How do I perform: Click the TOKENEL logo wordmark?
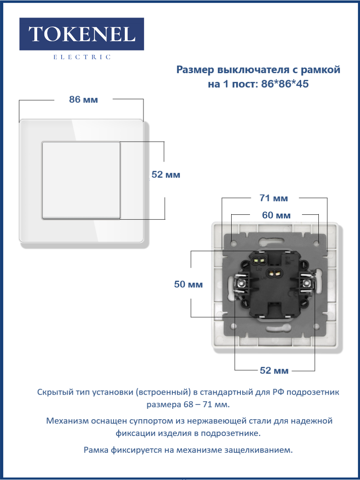coord(82,34)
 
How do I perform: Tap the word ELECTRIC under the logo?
coord(82,57)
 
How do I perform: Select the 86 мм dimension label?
coord(83,100)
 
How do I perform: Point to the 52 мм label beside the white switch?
coord(166,174)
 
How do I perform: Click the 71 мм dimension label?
coord(274,198)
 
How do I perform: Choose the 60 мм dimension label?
coord(276,215)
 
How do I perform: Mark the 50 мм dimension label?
coord(188,284)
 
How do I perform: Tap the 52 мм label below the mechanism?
coord(274,370)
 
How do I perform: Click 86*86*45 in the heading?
coord(285,84)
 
